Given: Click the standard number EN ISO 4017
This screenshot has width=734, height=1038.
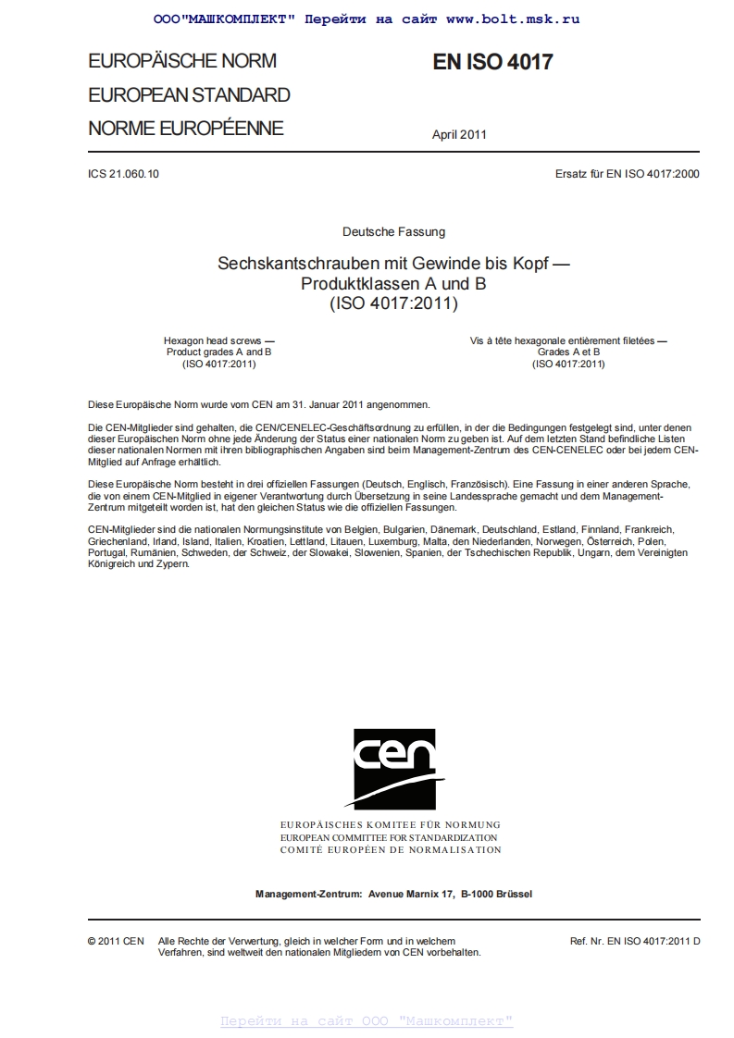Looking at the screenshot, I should tap(492, 62).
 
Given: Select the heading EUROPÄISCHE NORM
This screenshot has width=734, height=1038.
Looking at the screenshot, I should tap(182, 61).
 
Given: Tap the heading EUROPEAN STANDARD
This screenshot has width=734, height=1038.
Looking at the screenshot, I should tap(189, 95).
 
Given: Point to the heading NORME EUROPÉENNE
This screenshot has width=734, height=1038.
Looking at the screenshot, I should tap(186, 129).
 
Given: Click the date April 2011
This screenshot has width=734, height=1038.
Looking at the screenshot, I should tap(459, 134).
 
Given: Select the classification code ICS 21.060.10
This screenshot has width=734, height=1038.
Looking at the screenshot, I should tap(124, 174).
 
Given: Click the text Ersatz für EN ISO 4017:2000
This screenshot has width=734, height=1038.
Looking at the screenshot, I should tap(627, 174).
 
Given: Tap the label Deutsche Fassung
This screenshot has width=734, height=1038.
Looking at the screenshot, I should tap(393, 231).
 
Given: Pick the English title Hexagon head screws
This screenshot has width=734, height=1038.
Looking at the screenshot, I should tap(218, 341).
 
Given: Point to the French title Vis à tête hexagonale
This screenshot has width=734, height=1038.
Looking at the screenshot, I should tap(568, 341).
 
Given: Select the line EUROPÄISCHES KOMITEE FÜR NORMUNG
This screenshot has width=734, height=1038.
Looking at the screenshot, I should tap(390, 824).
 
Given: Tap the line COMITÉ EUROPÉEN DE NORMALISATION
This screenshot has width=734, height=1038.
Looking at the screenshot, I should tap(390, 849).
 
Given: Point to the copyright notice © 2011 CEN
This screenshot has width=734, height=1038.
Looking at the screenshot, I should tap(116, 941).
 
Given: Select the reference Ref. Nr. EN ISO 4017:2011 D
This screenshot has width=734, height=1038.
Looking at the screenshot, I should tap(635, 941).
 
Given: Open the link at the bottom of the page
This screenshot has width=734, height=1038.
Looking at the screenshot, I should tap(367, 1021).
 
